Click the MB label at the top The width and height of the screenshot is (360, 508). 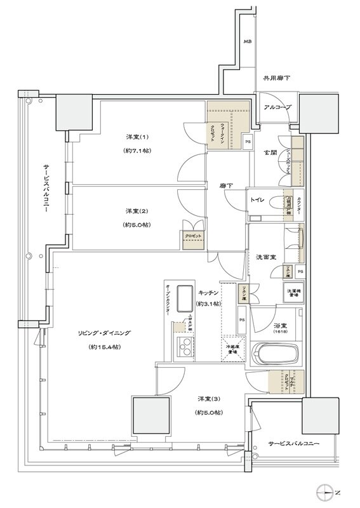pos(246,43)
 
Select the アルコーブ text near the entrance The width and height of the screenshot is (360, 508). pos(277,107)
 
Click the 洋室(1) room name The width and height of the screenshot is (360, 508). pos(136,137)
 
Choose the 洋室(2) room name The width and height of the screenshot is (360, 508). pos(136,211)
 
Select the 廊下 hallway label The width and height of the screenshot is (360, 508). pos(225,186)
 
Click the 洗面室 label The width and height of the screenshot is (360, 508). pos(265,257)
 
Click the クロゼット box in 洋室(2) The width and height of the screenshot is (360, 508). pos(193,236)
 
